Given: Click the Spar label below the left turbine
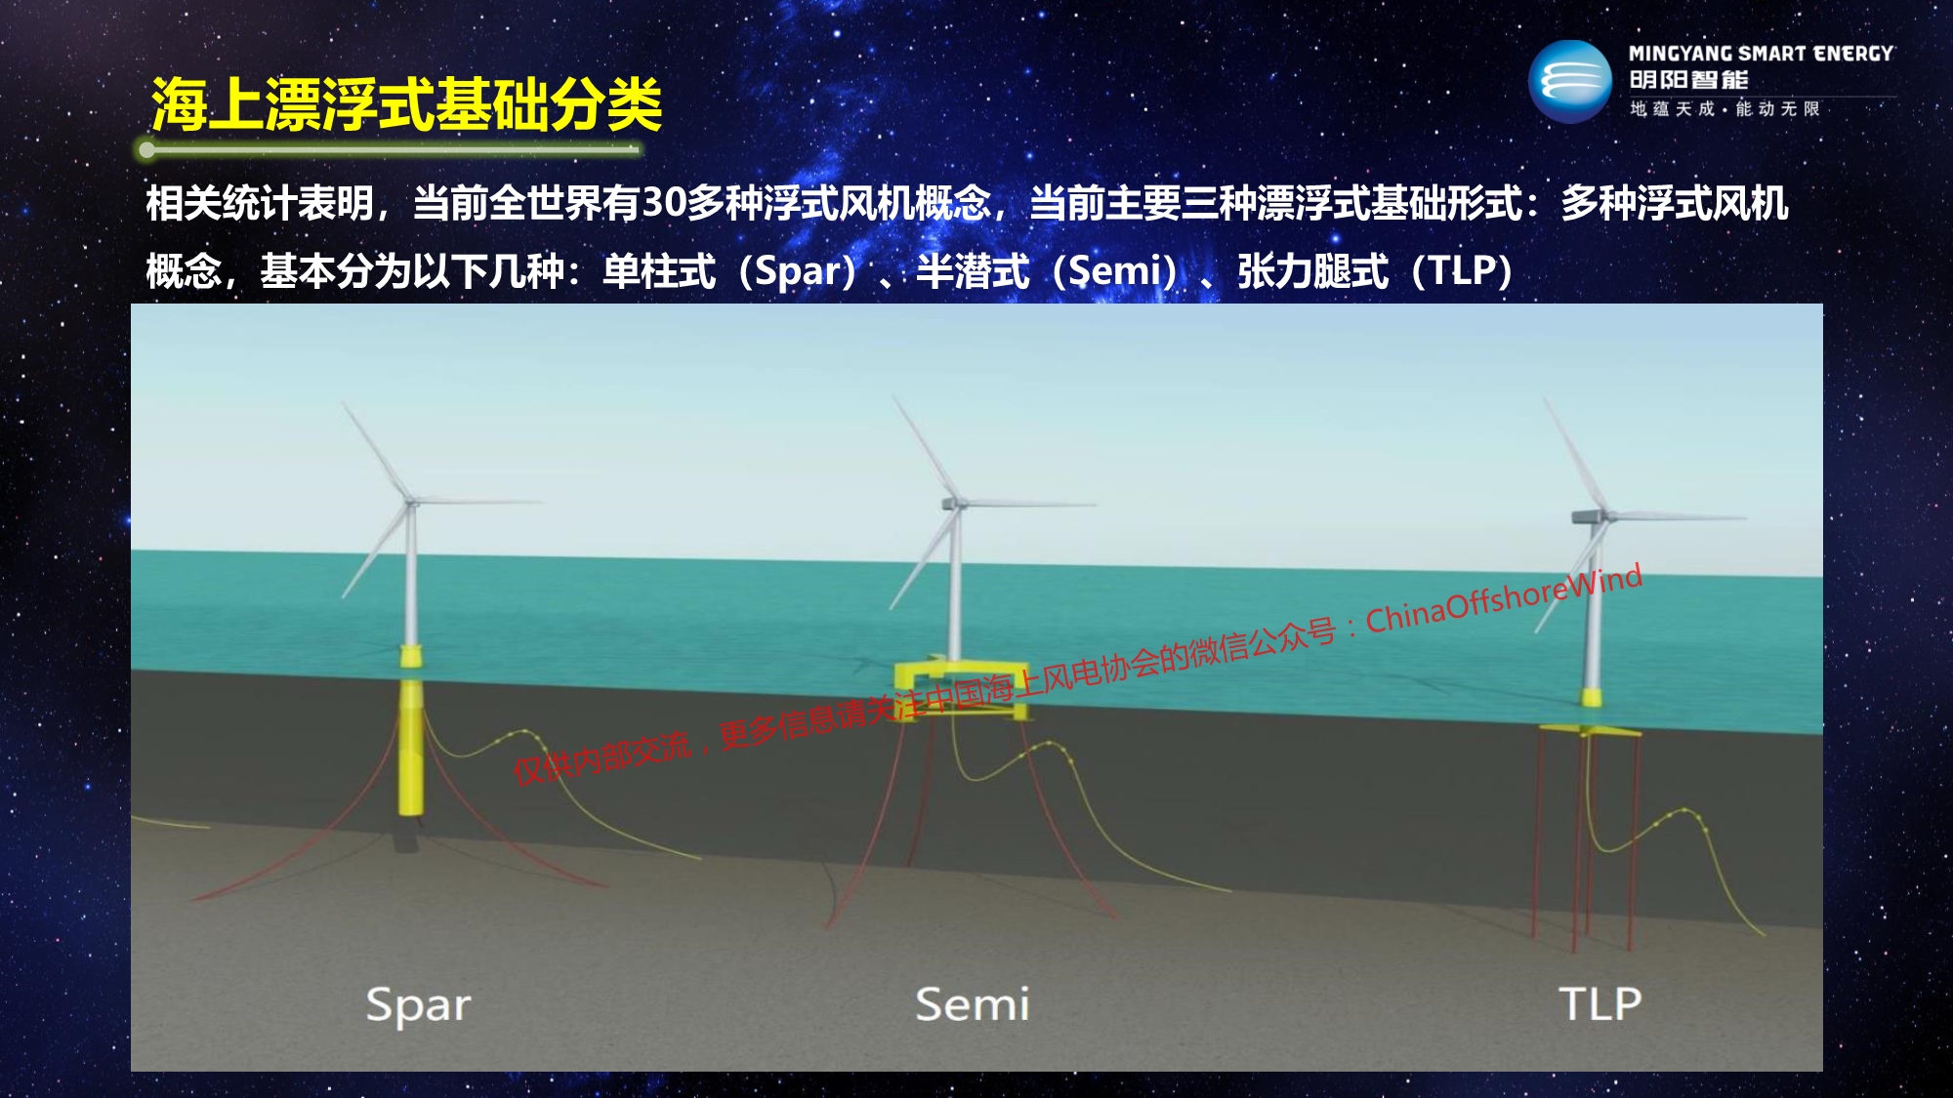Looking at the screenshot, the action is click(418, 1005).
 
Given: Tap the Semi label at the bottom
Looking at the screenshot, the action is click(973, 1004).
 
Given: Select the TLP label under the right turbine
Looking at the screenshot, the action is click(1600, 1004).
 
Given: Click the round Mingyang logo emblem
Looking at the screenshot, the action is click(1569, 82).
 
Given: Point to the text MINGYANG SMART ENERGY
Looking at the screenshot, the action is click(1761, 54).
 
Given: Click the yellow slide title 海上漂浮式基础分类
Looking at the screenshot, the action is click(406, 104).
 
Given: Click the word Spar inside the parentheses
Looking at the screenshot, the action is click(799, 271).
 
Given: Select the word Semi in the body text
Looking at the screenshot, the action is click(1115, 271).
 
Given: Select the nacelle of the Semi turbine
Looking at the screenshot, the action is click(951, 504).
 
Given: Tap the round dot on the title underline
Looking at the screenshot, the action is click(146, 149).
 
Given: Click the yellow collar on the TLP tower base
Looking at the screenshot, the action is click(1591, 697).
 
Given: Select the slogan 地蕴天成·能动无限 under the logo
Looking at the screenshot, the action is click(1725, 108).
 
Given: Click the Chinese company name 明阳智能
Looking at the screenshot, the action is click(1688, 80).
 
